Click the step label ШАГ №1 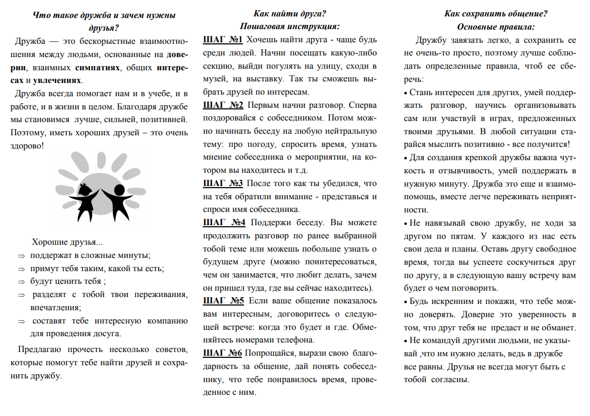(x=222, y=40)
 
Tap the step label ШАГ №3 (x=223, y=183)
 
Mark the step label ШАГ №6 (x=223, y=353)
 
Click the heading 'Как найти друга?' (x=289, y=14)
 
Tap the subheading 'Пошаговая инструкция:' (x=289, y=26)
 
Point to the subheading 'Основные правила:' (x=496, y=26)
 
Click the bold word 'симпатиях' (x=97, y=68)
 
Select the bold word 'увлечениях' (x=58, y=80)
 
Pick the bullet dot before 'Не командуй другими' (x=406, y=340)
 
